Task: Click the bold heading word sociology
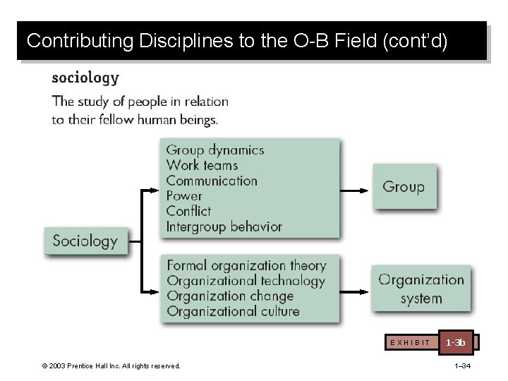pos(85,78)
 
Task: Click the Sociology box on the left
pos(85,241)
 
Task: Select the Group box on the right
pos(404,187)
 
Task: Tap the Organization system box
pos(421,289)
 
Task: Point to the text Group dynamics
pos(215,150)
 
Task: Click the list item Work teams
pos(202,166)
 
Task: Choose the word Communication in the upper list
pos(212,181)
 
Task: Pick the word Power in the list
pos(184,196)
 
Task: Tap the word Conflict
pos(188,211)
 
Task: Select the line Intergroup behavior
pos(224,226)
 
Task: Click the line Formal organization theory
pos(246,266)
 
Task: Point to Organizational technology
pos(246,281)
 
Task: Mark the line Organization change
pos(230,296)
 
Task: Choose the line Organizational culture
pos(233,311)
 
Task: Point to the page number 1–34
pos(463,365)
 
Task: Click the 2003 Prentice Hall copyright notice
pos(111,365)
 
